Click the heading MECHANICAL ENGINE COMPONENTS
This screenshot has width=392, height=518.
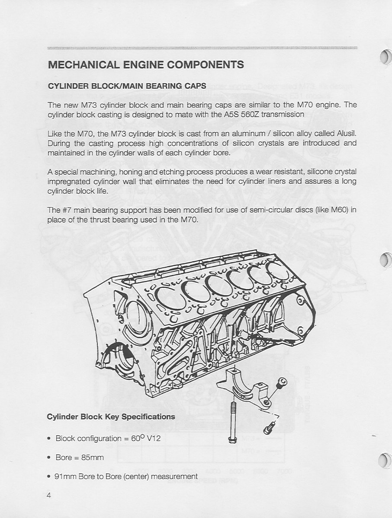(x=146, y=65)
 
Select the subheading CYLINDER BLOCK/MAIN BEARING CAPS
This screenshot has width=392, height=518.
(x=127, y=86)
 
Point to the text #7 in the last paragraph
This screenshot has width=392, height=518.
(x=67, y=210)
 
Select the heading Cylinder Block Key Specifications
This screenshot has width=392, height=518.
(x=111, y=417)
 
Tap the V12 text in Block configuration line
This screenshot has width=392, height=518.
(x=154, y=438)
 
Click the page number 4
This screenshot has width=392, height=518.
(x=49, y=496)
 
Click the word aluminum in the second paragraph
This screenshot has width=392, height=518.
(x=244, y=134)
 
